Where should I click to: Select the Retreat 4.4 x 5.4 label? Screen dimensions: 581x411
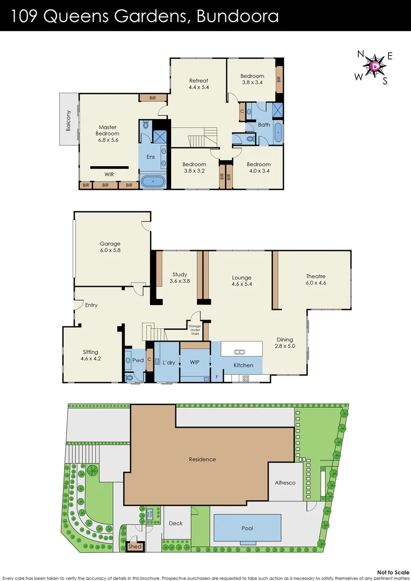(198, 83)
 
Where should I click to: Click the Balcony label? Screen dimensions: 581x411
(68, 119)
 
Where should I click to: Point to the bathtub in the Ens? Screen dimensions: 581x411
(154, 182)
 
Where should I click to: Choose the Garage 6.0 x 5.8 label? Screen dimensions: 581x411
(110, 247)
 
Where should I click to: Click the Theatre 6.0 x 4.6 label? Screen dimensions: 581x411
(316, 279)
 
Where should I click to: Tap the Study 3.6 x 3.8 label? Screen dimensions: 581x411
(180, 278)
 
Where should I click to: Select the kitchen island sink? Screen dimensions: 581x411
(240, 352)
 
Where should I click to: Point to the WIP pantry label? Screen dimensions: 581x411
(195, 363)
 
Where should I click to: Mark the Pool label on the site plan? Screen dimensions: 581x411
(247, 528)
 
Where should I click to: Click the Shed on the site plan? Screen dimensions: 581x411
(134, 547)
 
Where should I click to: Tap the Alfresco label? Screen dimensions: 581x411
(285, 483)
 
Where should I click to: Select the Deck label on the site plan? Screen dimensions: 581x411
(175, 523)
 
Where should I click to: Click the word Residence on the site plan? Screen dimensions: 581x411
(202, 459)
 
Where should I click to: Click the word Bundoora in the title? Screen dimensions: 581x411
(238, 16)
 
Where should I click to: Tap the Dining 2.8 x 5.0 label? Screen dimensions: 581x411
(285, 343)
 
